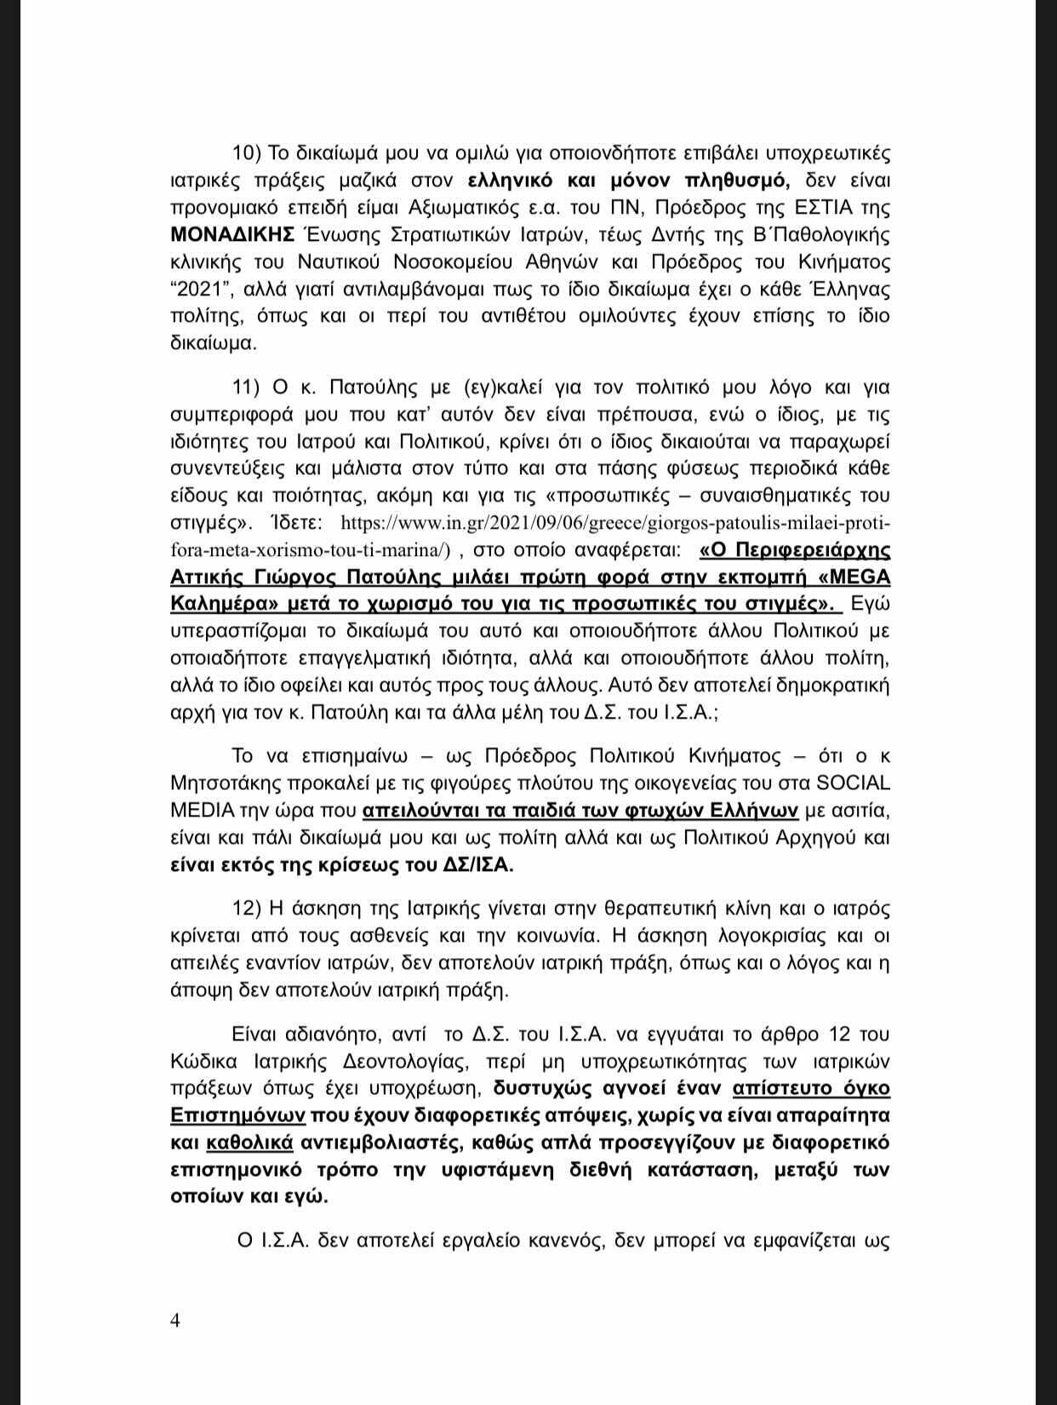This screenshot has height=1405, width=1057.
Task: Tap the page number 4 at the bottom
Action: point(175,1321)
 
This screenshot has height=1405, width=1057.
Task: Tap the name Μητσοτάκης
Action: point(231,783)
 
